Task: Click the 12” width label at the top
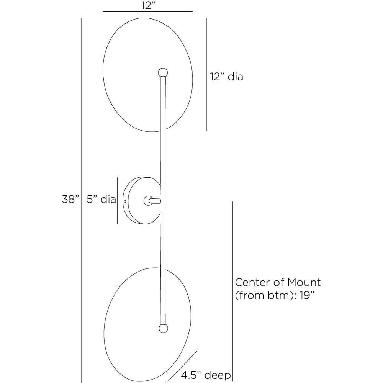point(147,6)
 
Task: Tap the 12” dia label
point(226,77)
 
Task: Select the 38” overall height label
point(71,200)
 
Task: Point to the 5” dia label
point(101,200)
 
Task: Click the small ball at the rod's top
point(163,72)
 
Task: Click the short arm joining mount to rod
point(154,200)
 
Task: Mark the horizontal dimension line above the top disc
point(147,12)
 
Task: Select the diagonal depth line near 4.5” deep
point(183,367)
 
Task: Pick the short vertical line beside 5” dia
point(118,200)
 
